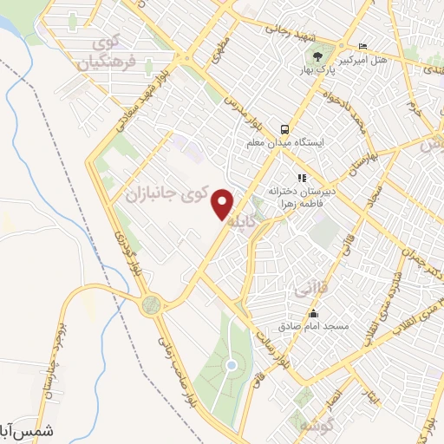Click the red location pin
(x=224, y=203)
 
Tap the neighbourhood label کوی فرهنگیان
(x=108, y=54)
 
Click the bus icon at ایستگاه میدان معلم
(x=284, y=127)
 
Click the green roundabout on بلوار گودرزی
(x=153, y=304)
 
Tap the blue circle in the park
(x=231, y=365)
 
